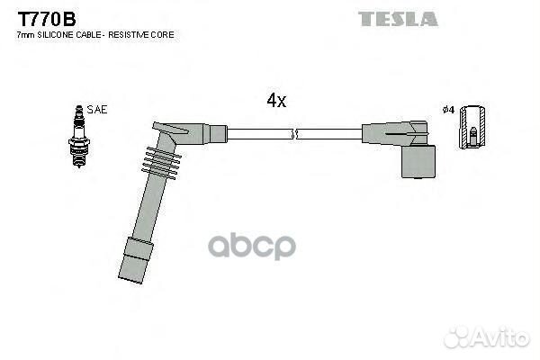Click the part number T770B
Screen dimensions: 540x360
pyautogui.click(x=47, y=19)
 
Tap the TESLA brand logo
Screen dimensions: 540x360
pyautogui.click(x=398, y=19)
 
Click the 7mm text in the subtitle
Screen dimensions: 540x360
pyautogui.click(x=26, y=35)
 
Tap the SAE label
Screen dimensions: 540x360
pyautogui.click(x=97, y=110)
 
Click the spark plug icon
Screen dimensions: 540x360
pyautogui.click(x=79, y=137)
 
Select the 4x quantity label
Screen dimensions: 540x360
pyautogui.click(x=276, y=101)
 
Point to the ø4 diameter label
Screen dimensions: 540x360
pyautogui.click(x=449, y=110)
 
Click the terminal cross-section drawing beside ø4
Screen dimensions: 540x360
pyautogui.click(x=472, y=127)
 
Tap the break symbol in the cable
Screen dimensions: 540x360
pyautogui.click(x=293, y=134)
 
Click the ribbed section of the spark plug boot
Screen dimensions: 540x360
pyautogui.click(x=161, y=163)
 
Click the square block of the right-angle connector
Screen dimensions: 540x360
pyautogui.click(x=418, y=162)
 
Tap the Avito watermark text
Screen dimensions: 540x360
pyautogui.click(x=502, y=338)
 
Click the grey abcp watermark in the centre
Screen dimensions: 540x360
pyautogui.click(x=252, y=246)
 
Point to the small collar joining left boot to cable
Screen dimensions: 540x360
pyautogui.click(x=218, y=134)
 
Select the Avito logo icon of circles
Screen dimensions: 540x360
pyautogui.click(x=457, y=337)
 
